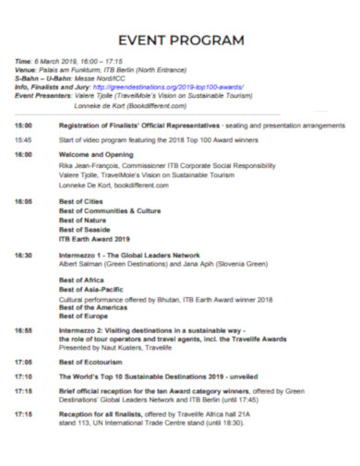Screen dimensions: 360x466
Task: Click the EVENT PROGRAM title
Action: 180,40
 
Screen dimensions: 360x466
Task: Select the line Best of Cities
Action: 82,200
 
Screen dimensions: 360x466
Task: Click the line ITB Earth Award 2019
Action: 97,238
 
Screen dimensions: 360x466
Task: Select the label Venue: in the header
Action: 27,69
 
